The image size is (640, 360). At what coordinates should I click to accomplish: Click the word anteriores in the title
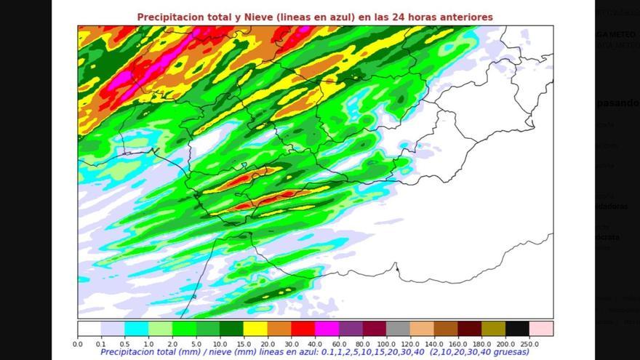tap(466, 17)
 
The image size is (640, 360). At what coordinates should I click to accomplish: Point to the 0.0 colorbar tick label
tap(78, 343)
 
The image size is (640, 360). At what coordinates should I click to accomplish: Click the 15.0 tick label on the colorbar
tap(244, 343)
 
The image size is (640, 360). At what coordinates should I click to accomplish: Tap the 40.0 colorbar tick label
tap(315, 343)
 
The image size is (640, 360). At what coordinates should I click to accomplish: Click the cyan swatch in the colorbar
tap(137, 329)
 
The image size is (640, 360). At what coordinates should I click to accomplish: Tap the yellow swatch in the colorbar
tap(255, 329)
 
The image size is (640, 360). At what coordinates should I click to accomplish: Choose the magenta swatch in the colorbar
tap(327, 329)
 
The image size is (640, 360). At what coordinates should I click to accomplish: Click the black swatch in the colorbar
tap(517, 329)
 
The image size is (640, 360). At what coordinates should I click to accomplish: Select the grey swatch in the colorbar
tap(398, 329)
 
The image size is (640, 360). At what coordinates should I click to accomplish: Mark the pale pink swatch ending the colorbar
tap(540, 329)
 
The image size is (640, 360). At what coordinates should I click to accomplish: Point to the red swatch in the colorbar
tap(303, 329)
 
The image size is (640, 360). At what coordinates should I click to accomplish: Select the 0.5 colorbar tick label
tap(125, 343)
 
